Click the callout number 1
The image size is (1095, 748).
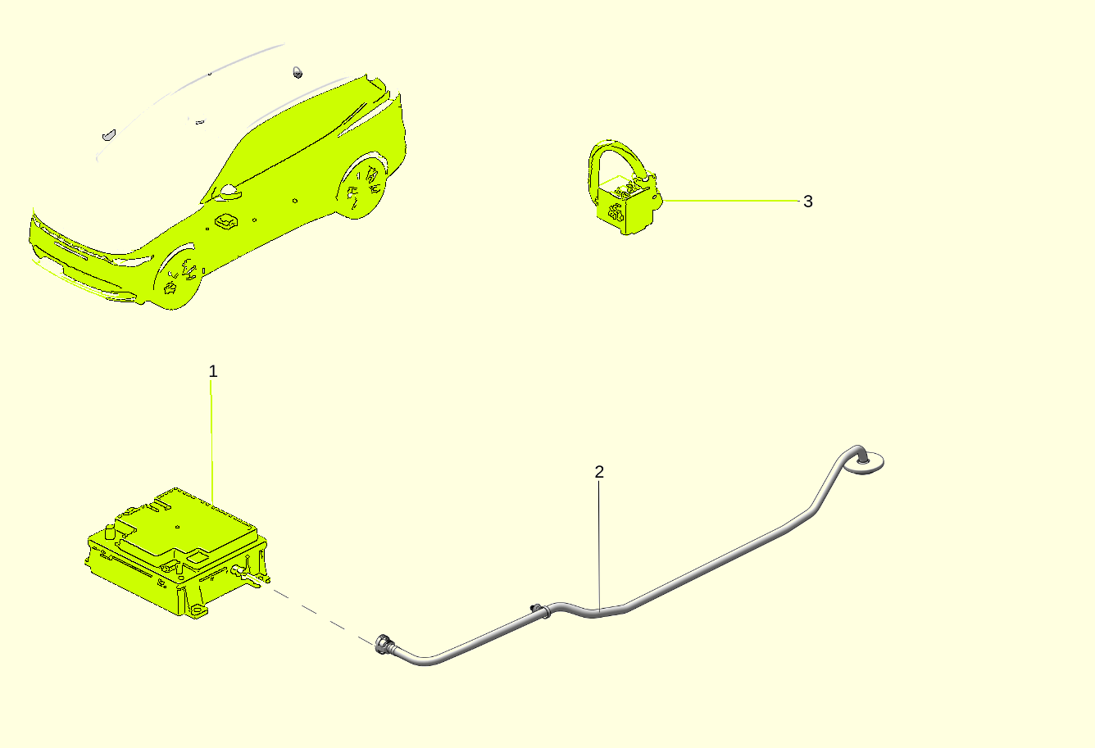click(212, 371)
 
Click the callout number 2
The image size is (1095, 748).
click(599, 472)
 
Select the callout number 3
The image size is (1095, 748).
click(808, 202)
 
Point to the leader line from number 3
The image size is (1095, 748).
click(731, 201)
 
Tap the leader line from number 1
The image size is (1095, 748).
click(211, 442)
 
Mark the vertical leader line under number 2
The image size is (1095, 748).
click(599, 546)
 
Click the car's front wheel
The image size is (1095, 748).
click(179, 278)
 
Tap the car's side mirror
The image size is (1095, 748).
click(229, 192)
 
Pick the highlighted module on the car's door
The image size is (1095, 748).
click(226, 221)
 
